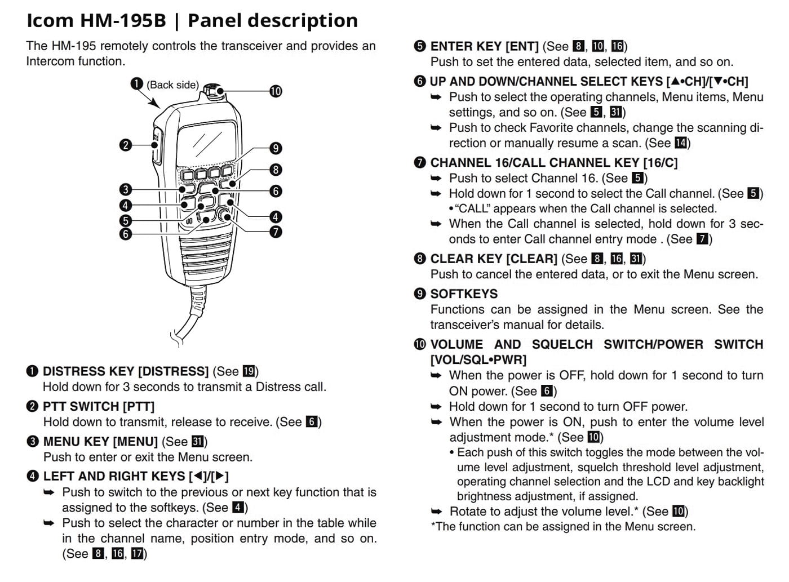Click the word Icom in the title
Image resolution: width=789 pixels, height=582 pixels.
50,20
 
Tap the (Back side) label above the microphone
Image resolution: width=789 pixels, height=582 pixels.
173,85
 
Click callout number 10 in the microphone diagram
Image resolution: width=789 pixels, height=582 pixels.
276,91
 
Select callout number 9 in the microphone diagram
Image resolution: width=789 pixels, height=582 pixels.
276,148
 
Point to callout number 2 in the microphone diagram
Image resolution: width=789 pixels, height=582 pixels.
126,145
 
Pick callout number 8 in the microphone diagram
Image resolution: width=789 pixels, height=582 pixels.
276,170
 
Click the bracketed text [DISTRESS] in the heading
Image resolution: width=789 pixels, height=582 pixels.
173,371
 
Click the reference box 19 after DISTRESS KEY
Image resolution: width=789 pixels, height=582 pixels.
249,371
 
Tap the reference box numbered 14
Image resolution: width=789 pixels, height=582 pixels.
680,143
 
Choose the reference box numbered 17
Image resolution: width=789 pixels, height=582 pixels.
137,553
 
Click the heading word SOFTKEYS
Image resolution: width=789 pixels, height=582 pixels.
464,294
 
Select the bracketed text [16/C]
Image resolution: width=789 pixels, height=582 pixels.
661,163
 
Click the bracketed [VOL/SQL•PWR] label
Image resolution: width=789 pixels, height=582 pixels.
478,359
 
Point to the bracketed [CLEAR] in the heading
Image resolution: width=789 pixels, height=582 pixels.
531,259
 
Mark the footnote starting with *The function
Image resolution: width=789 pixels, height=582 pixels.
563,526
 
